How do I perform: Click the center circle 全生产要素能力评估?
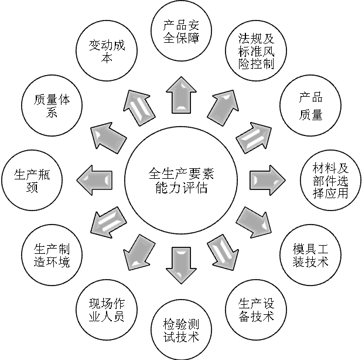point(180,179)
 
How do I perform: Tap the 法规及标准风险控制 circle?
point(256,52)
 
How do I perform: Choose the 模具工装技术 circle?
point(310,253)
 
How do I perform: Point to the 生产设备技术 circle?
point(256,310)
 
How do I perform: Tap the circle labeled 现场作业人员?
point(107,310)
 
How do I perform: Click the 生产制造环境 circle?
point(52,253)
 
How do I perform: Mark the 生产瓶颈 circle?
point(32,179)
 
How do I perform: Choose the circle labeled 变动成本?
point(105,52)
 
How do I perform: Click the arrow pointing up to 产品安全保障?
point(180,94)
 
